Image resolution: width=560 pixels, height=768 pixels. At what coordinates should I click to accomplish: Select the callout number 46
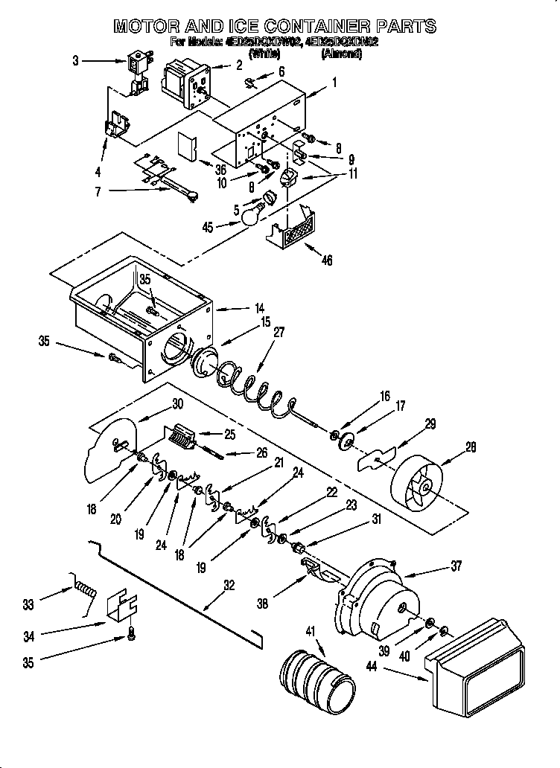pyautogui.click(x=327, y=260)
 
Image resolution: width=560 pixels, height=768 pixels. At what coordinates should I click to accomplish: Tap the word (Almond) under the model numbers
pyautogui.click(x=341, y=54)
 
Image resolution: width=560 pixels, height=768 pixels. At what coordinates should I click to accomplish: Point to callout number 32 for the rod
pyautogui.click(x=230, y=585)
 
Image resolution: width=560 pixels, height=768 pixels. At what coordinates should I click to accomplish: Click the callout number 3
pyautogui.click(x=75, y=61)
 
